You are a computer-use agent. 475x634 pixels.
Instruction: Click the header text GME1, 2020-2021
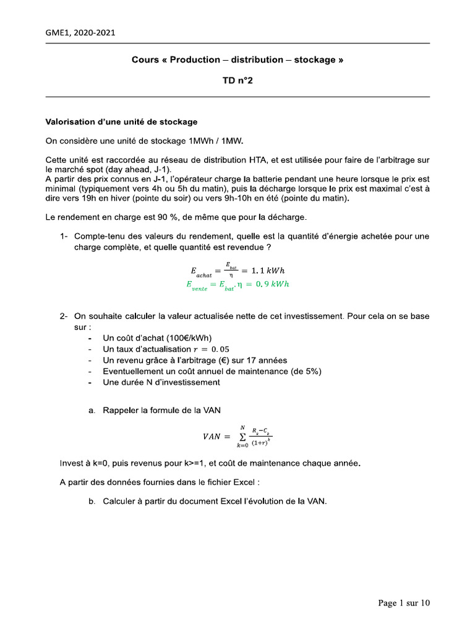coord(80,33)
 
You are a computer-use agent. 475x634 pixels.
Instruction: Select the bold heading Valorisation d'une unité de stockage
coord(121,121)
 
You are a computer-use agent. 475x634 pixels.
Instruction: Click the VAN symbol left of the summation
coord(212,436)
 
